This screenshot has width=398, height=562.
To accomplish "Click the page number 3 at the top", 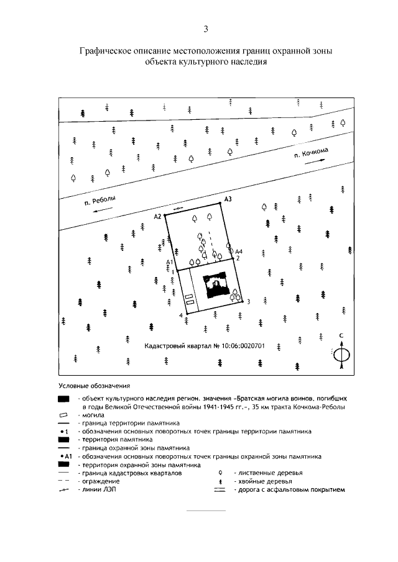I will (206, 29).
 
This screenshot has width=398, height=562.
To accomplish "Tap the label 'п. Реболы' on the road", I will (100, 201).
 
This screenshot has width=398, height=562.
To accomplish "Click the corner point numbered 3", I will (248, 302).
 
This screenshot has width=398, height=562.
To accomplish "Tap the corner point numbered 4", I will (180, 317).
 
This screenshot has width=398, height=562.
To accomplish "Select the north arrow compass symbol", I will (341, 355).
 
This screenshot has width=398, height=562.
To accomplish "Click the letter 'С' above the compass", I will (341, 336).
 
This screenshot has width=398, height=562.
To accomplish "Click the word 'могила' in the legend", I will (88, 413).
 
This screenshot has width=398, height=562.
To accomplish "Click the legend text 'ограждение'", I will (96, 481).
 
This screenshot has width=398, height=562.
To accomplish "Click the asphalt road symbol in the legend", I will (218, 490).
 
